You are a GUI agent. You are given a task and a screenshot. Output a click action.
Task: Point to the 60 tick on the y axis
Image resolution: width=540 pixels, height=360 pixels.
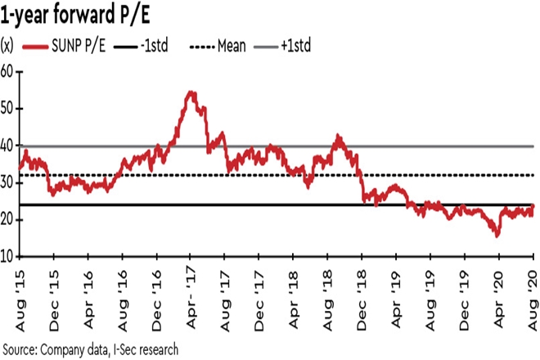7,71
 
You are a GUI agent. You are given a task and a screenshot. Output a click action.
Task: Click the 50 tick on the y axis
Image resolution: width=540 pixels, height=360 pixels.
7,108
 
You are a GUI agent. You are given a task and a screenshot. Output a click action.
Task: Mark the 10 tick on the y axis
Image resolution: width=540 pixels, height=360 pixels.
7,256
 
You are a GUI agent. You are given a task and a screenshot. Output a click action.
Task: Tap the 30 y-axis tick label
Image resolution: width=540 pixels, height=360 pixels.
7,182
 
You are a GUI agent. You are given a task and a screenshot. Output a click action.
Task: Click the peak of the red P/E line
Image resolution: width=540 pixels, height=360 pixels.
191,92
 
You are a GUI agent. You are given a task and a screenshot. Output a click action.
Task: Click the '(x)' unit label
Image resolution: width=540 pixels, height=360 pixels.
7,44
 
